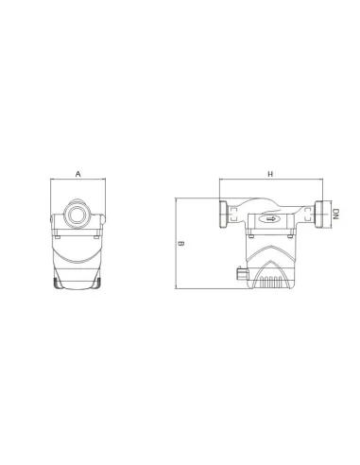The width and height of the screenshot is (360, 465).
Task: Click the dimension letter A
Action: [x=78, y=174]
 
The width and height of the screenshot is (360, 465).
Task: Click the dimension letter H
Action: [x=270, y=174]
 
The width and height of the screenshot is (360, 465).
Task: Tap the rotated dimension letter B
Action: [x=181, y=244]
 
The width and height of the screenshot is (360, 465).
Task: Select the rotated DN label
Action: [x=335, y=215]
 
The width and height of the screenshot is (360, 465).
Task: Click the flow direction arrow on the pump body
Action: [x=270, y=218]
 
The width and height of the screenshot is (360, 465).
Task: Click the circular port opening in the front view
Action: [x=77, y=215]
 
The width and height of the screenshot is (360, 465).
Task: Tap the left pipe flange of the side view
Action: [x=223, y=215]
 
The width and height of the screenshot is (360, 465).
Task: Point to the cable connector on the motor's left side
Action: [x=242, y=273]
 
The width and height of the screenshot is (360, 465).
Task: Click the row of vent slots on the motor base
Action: [x=270, y=282]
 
